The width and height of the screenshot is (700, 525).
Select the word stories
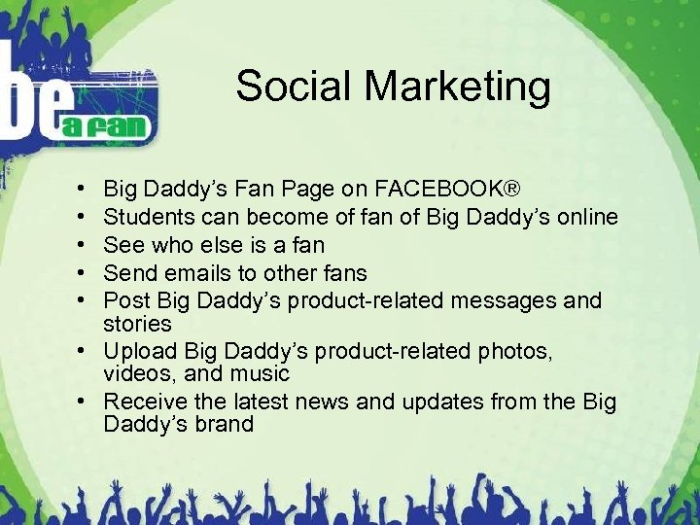point(137,323)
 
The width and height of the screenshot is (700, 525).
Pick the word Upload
point(136,351)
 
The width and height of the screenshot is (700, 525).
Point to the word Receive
point(143,402)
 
